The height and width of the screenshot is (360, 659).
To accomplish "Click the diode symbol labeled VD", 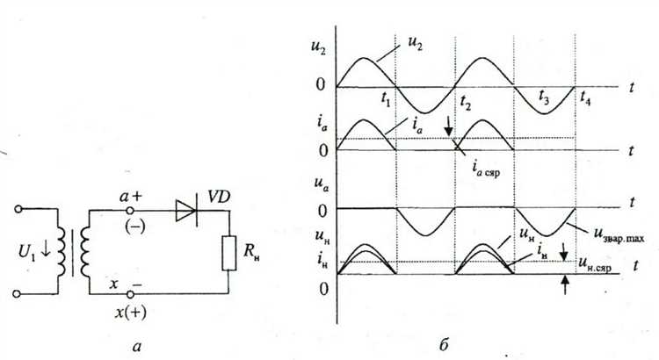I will tap(186, 211).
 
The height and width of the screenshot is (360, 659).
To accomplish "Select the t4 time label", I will tap(584, 100).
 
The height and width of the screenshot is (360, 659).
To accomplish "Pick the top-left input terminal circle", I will tap(18, 211).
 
